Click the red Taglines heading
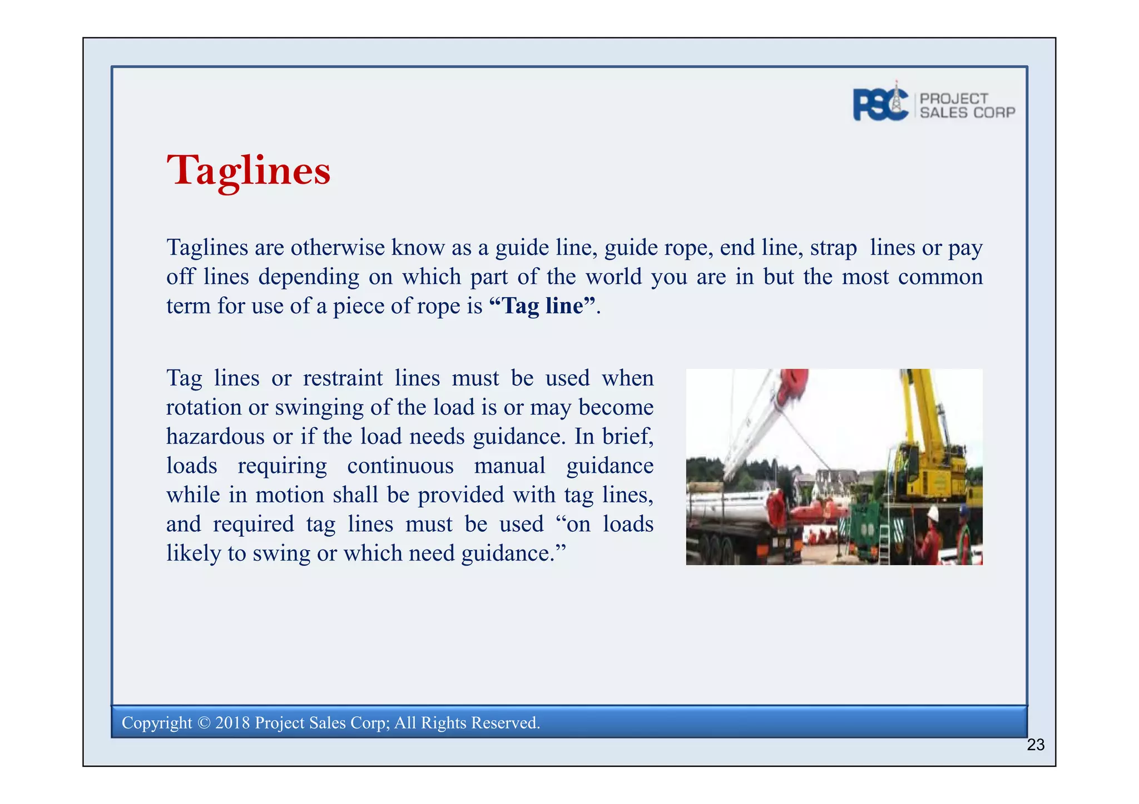coord(248,171)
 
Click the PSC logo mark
coord(880,104)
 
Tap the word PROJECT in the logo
coord(954,98)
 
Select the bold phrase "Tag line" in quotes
coord(542,306)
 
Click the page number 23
coord(1035,745)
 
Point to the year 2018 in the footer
coord(232,723)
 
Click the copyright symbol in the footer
coord(204,723)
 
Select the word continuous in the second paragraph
coord(400,466)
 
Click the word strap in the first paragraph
coord(833,248)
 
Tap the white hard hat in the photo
coord(933,513)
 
